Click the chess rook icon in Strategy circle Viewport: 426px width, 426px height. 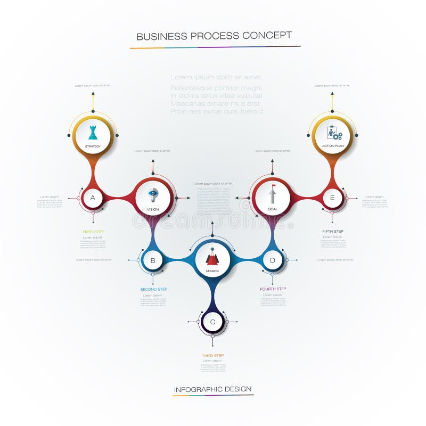[x=93, y=132]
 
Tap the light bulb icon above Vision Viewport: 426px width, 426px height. [x=153, y=194]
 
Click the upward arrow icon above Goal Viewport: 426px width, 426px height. [x=273, y=193]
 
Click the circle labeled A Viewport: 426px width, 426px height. [x=93, y=198]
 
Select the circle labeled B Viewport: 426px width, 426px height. [x=153, y=260]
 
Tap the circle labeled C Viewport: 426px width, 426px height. [x=212, y=322]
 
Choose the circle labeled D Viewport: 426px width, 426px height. [x=273, y=260]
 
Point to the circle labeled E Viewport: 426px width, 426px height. [x=332, y=198]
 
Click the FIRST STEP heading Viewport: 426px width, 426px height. [x=93, y=232]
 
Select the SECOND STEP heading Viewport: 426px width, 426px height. [x=154, y=289]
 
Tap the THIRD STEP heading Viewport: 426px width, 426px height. [x=212, y=355]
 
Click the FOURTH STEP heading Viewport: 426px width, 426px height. [x=273, y=289]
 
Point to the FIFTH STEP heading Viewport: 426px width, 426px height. [x=333, y=231]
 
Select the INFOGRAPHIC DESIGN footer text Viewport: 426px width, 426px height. [x=213, y=389]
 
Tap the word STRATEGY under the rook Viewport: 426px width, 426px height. [x=93, y=146]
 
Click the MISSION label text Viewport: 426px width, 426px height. [x=212, y=271]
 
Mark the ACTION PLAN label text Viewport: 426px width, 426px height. [x=332, y=146]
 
